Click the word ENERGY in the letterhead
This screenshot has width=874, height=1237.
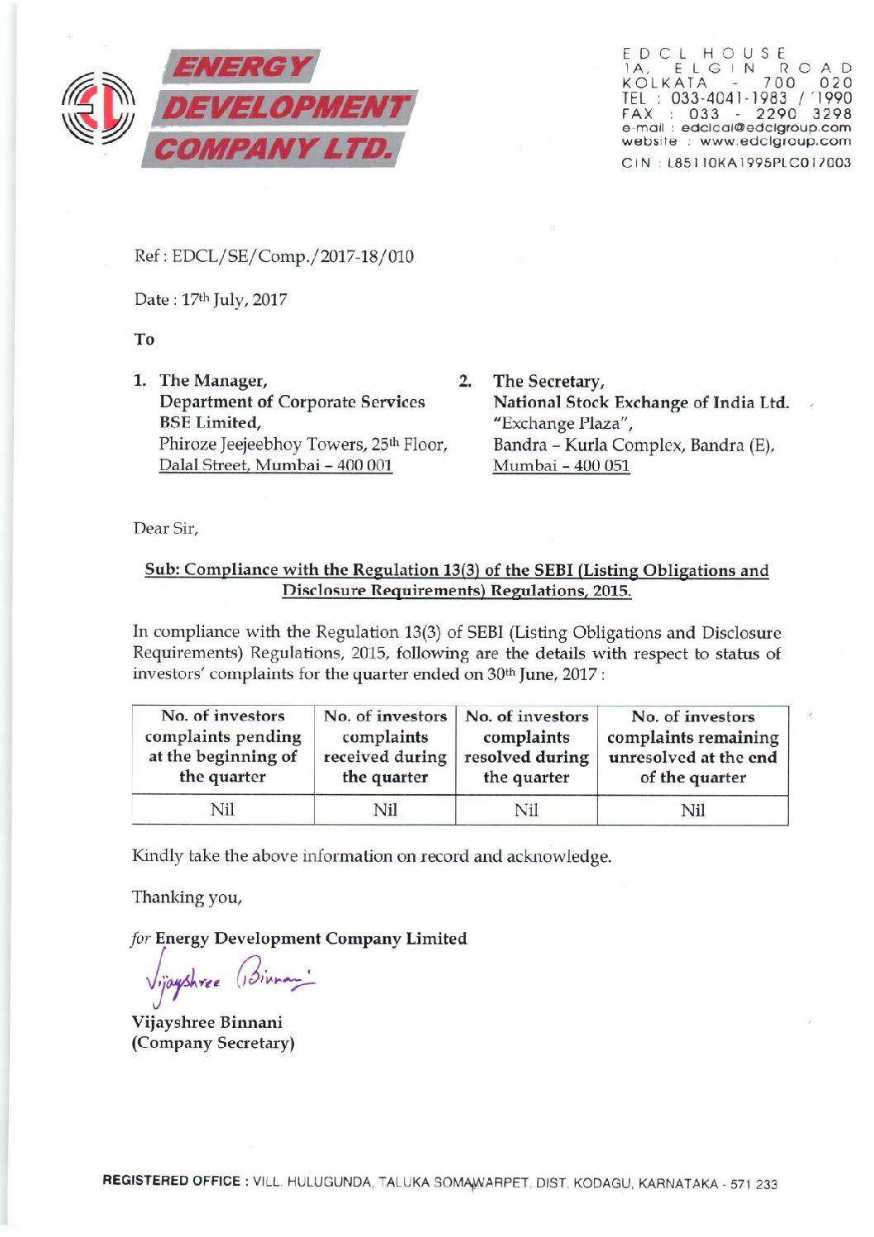pos(243,66)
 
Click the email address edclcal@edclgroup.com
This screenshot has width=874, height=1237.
pos(765,128)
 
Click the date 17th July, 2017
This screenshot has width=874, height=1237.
pos(230,300)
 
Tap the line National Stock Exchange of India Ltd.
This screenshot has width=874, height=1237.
pos(640,402)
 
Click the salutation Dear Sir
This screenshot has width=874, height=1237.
pos(165,528)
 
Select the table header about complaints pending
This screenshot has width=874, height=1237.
pos(223,746)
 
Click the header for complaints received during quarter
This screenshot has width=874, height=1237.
pos(385,746)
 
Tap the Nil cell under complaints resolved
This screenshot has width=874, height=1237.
pos(526,811)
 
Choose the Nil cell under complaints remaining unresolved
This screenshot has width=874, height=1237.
pos(692,811)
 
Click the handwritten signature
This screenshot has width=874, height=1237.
pos(223,982)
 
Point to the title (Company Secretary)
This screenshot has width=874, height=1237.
pos(213,1043)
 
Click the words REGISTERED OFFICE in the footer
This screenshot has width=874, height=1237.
pos(171,1181)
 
